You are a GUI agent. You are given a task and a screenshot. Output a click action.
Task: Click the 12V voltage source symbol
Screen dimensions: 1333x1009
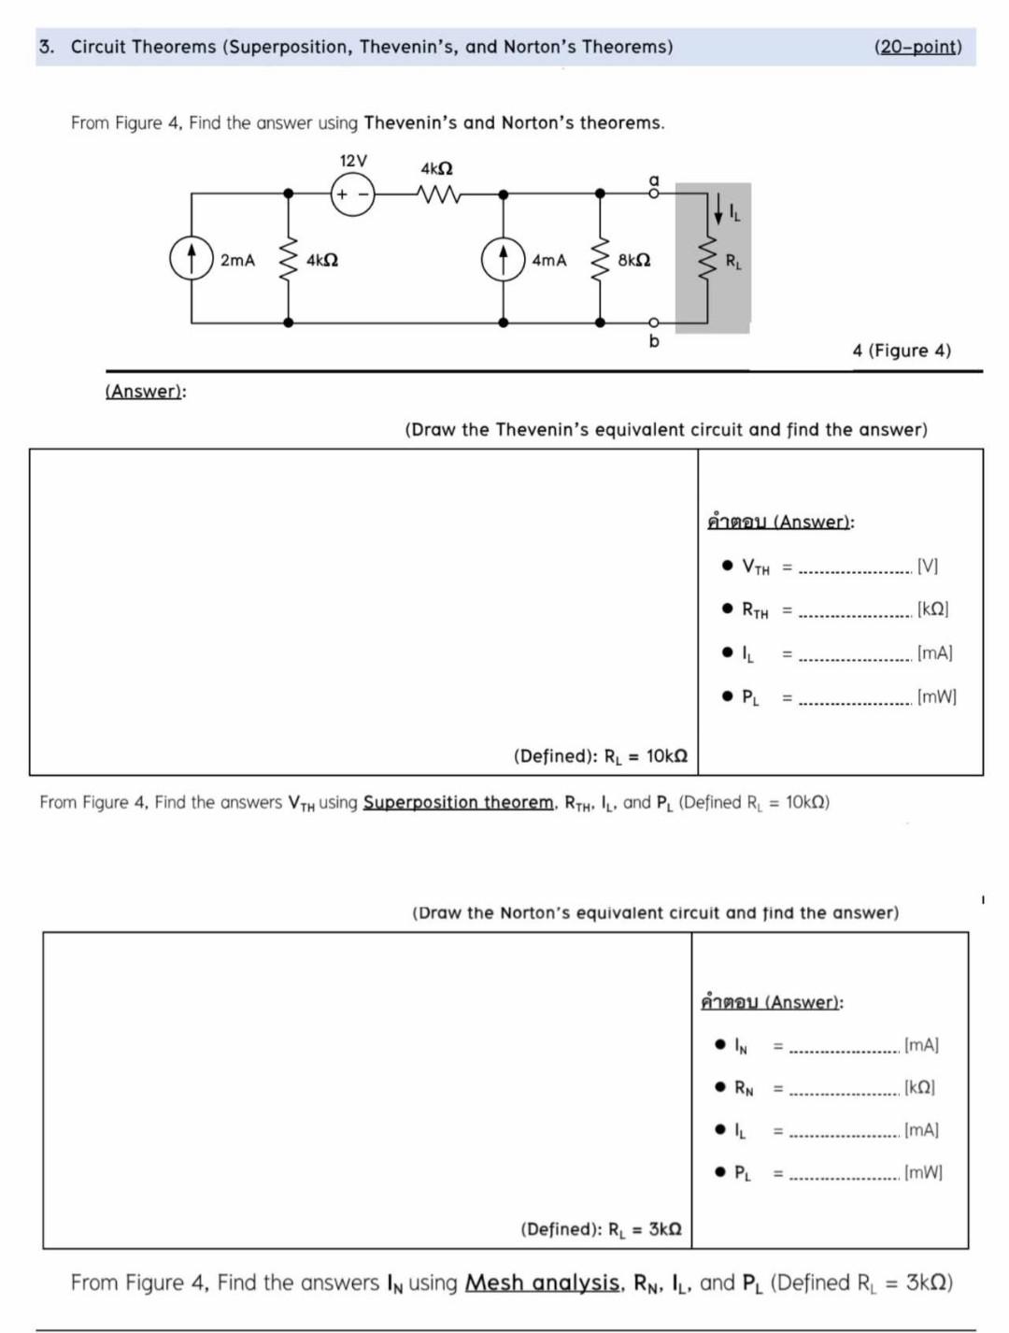point(353,194)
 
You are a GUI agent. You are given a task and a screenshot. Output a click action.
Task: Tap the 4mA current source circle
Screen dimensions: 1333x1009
point(503,259)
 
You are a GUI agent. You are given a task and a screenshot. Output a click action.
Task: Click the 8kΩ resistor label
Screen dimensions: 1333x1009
point(634,260)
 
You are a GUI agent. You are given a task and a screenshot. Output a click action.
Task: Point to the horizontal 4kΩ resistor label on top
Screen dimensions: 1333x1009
point(436,169)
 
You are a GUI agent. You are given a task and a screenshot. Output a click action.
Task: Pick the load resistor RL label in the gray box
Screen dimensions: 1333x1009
point(734,261)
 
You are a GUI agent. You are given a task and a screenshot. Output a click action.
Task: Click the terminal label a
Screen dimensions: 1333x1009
point(654,179)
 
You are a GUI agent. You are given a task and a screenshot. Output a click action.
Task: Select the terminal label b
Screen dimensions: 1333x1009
point(654,341)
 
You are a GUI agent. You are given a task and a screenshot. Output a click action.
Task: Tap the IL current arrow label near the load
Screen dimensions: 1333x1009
point(734,216)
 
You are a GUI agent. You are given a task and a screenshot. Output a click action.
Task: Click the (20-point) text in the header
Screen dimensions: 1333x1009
point(917,47)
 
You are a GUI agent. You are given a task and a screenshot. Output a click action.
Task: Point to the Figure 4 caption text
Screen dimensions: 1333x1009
point(901,351)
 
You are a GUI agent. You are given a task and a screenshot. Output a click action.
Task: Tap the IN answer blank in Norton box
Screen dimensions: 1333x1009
point(845,1048)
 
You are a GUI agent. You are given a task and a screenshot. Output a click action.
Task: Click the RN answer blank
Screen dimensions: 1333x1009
point(845,1090)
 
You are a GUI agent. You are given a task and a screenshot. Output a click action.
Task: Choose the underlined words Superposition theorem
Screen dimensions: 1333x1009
point(458,802)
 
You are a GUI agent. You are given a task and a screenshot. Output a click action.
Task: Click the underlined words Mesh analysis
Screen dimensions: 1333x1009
point(542,1283)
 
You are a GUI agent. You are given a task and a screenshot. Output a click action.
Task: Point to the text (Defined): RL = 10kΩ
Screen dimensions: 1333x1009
point(600,755)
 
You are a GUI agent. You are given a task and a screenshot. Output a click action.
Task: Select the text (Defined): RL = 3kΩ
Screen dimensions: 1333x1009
point(600,1229)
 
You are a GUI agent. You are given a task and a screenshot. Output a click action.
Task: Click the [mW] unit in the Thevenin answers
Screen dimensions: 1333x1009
point(936,696)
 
